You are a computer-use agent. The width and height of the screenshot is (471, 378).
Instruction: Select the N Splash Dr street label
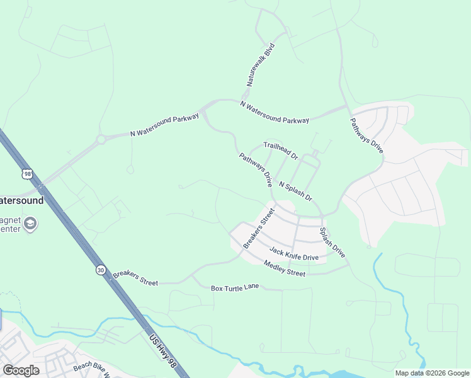[295, 192]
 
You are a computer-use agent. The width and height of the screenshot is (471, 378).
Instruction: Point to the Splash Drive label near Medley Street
[332, 243]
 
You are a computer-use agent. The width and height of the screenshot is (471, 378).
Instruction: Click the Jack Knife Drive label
[294, 254]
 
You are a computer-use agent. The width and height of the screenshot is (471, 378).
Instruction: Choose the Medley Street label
[284, 268]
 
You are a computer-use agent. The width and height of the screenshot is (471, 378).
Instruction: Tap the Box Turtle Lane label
[235, 288]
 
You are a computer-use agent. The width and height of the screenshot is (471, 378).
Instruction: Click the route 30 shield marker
[101, 270]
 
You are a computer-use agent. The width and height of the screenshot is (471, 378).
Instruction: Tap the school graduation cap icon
[30, 223]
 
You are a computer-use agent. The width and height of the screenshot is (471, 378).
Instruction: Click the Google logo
[21, 370]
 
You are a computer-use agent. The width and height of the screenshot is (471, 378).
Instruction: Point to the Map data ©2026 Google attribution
[433, 373]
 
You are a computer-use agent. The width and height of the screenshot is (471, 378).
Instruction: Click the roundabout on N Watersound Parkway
[100, 139]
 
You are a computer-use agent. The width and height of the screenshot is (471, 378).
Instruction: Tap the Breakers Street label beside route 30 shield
[135, 279]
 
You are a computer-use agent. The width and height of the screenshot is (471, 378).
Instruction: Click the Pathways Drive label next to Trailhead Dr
[255, 170]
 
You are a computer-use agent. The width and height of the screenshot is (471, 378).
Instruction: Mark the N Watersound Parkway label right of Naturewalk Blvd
[275, 112]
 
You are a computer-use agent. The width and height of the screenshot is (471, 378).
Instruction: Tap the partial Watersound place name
[21, 200]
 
